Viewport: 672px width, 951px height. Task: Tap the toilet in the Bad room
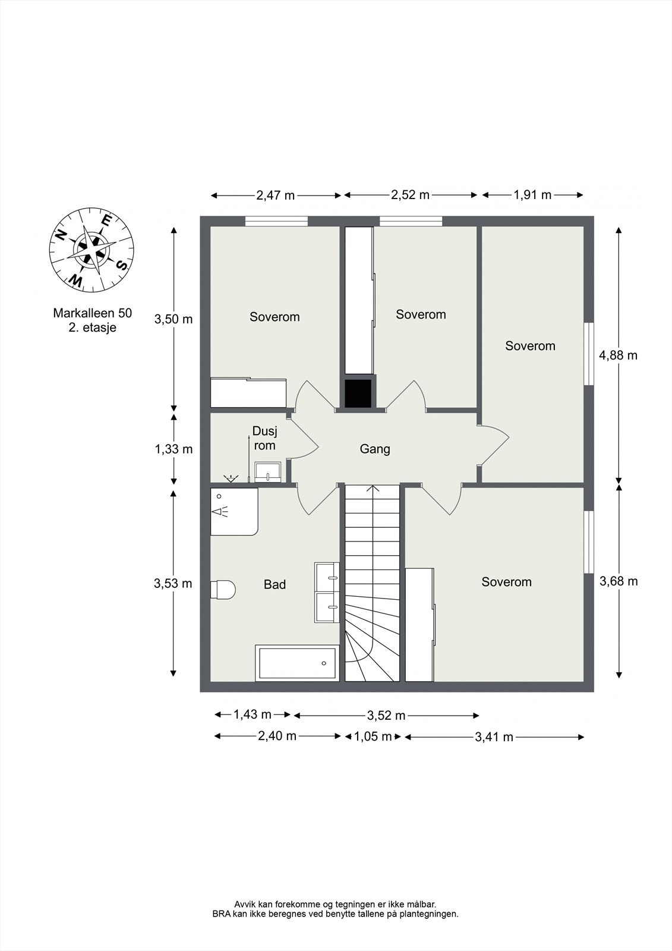tap(223, 589)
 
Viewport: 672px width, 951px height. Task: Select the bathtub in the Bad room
tap(296, 663)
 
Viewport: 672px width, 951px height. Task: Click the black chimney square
tap(358, 393)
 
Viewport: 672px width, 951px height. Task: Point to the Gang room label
tap(375, 449)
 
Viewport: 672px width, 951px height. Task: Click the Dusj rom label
tap(264, 438)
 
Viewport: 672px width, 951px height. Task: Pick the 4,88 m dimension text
tap(618, 355)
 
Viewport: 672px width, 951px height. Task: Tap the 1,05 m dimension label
tap(372, 736)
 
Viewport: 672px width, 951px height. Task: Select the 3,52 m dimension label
tap(386, 716)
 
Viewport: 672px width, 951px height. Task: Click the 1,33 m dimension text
tap(173, 449)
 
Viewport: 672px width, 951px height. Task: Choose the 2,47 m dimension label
tap(276, 196)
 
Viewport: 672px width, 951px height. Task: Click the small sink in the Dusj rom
tap(268, 472)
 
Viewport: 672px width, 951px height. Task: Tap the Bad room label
tap(275, 585)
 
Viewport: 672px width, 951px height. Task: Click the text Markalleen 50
tap(93, 313)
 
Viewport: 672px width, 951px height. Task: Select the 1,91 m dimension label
tap(532, 195)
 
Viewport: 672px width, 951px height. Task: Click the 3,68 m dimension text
tap(619, 581)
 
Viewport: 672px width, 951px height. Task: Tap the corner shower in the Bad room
tap(234, 511)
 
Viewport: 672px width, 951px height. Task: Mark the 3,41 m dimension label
tap(494, 736)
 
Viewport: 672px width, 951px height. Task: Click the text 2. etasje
tap(93, 328)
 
